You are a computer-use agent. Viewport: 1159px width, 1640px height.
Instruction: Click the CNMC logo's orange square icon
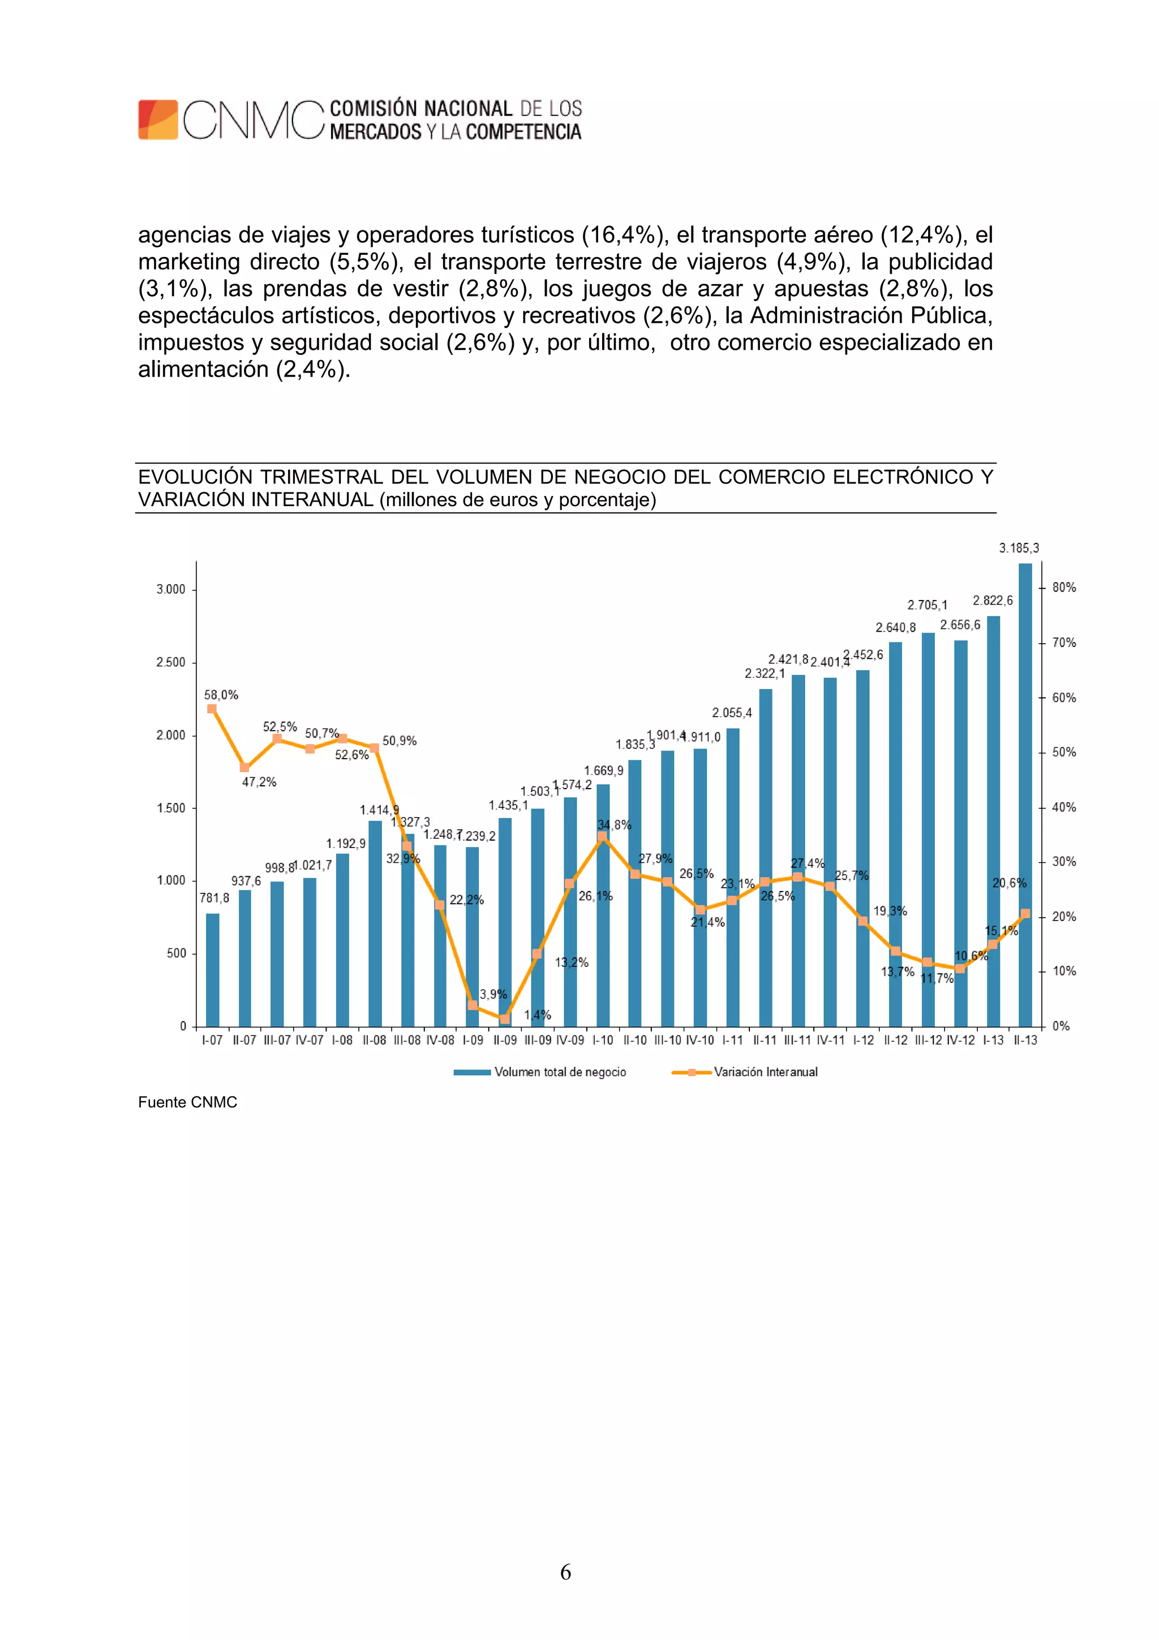click(x=158, y=119)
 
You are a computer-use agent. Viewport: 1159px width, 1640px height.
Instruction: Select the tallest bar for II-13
click(x=1025, y=794)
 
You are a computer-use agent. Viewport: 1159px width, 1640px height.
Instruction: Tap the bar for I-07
click(x=212, y=969)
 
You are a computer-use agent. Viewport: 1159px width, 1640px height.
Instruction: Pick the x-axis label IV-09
click(x=570, y=1040)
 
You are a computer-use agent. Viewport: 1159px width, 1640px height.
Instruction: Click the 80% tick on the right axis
click(x=1064, y=587)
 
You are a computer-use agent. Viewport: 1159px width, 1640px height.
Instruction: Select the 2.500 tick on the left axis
click(x=171, y=662)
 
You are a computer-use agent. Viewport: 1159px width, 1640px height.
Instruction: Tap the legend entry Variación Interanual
click(x=766, y=1072)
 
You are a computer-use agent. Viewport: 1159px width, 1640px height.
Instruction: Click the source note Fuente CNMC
click(x=187, y=1102)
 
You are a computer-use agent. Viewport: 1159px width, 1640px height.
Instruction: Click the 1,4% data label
click(x=537, y=1014)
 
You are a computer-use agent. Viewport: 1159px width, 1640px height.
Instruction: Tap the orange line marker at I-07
click(x=212, y=709)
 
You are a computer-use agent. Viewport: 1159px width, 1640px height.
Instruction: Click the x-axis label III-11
click(x=797, y=1040)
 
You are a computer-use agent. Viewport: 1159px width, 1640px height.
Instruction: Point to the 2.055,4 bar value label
click(x=732, y=712)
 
